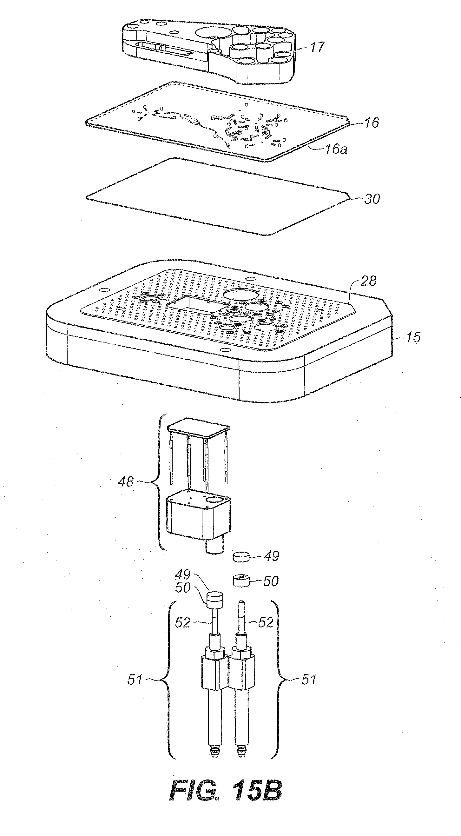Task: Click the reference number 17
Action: click(317, 47)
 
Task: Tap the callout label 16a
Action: click(335, 149)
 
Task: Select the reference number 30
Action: click(372, 199)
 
